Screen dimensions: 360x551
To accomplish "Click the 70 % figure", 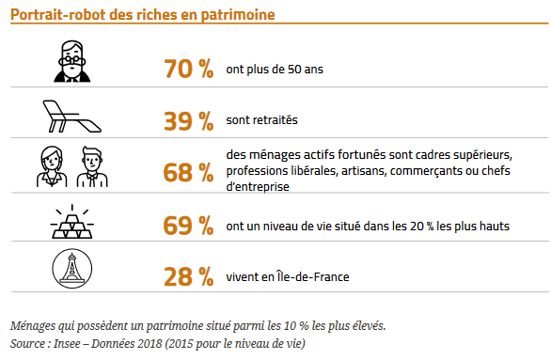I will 189,69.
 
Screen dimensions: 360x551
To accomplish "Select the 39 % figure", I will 189,120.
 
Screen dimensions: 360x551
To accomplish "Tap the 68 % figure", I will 189,172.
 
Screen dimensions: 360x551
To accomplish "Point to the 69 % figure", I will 189,226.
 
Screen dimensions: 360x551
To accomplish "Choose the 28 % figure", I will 189,276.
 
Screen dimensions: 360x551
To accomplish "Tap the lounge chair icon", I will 69,115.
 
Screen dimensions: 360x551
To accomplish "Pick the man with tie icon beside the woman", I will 92,166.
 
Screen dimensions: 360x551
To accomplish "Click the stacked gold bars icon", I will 69,222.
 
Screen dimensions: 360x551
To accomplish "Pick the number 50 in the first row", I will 299,70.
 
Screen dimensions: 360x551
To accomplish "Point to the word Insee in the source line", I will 68,342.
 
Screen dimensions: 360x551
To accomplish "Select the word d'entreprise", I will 257,187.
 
